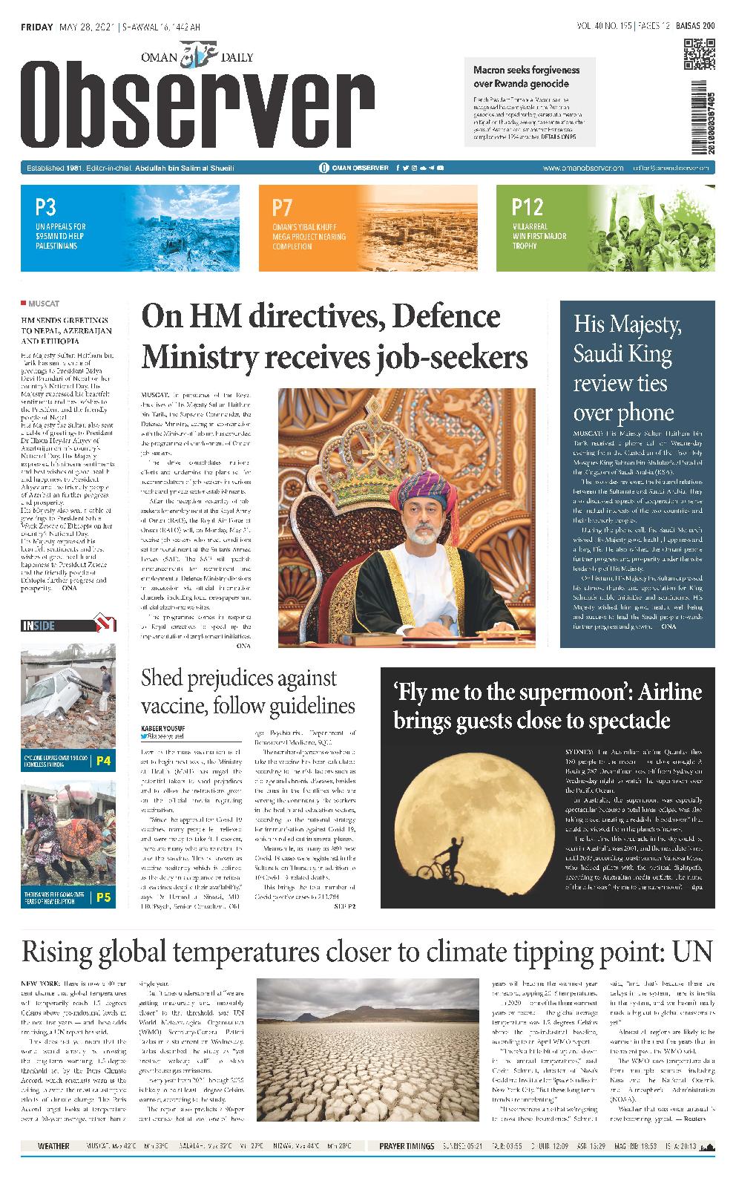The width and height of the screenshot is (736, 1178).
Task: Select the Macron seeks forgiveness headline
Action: tap(526, 76)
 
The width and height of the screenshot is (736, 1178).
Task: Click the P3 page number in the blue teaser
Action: tap(45, 206)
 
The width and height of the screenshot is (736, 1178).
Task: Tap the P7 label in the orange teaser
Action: tap(282, 207)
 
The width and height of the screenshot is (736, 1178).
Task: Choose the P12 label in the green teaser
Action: tap(527, 206)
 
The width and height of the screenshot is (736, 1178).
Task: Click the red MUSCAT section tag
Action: tap(45, 304)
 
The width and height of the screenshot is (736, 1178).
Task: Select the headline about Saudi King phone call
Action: tap(627, 368)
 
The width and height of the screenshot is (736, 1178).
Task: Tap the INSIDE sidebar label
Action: tap(39, 626)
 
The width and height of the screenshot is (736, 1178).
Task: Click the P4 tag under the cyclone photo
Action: tap(103, 761)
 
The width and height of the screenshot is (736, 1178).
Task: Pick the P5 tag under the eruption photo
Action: tap(103, 897)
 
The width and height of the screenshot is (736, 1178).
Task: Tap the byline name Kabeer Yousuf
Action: tap(164, 727)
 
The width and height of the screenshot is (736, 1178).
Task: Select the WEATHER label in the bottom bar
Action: tap(53, 1146)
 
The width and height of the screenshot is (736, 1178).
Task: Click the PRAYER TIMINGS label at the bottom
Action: tap(407, 1146)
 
